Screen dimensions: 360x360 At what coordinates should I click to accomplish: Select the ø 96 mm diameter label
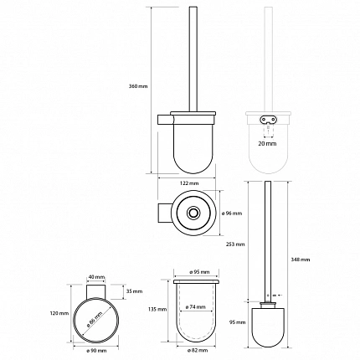(232, 213)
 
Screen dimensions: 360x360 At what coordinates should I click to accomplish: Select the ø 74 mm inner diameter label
(195, 307)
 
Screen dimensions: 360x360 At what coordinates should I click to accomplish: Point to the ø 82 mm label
(198, 351)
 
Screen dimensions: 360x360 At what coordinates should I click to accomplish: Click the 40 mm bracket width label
(96, 277)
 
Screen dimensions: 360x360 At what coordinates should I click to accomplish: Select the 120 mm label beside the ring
(59, 313)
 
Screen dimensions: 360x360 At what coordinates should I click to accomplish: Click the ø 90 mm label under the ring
(96, 351)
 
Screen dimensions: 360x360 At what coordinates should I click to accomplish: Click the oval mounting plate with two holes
(269, 120)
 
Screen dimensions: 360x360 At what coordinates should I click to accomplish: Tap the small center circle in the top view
(192, 213)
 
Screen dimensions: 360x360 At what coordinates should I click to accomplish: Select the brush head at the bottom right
(268, 323)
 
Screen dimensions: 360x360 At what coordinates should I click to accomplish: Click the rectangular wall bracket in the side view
(166, 120)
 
